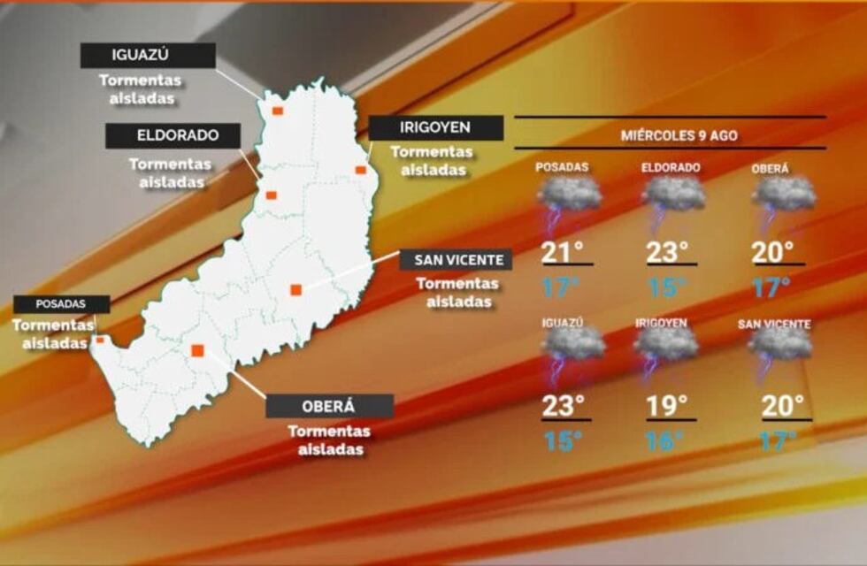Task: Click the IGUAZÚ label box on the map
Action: tap(148, 55)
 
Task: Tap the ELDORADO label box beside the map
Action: tap(173, 136)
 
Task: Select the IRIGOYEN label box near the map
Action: tap(435, 128)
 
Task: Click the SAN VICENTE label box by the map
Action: tap(456, 260)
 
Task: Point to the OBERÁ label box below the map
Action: tap(329, 406)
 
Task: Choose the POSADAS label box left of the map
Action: tap(61, 304)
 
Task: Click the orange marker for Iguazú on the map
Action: tap(277, 111)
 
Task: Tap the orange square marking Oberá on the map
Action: tap(197, 350)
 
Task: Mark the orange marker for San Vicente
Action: tap(295, 289)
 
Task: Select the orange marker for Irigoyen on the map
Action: tap(360, 170)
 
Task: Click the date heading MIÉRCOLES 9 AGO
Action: tap(679, 136)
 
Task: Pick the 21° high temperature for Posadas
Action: tap(563, 252)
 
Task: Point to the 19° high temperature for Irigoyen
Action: tap(667, 406)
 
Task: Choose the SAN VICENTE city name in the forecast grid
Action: tap(774, 325)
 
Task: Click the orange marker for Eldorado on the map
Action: tap(272, 195)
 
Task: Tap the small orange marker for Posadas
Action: tap(100, 340)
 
